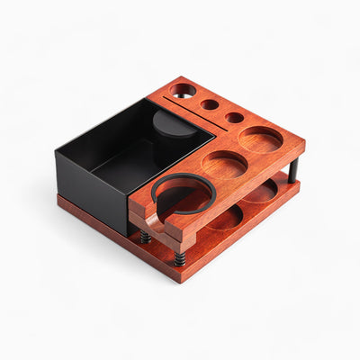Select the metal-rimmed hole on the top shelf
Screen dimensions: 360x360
coord(184,90)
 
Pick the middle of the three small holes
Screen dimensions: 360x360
coord(210,104)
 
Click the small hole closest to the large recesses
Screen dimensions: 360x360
coord(234,118)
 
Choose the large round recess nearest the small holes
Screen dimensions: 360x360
coord(260,139)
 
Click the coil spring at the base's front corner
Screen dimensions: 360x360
coord(179,258)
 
